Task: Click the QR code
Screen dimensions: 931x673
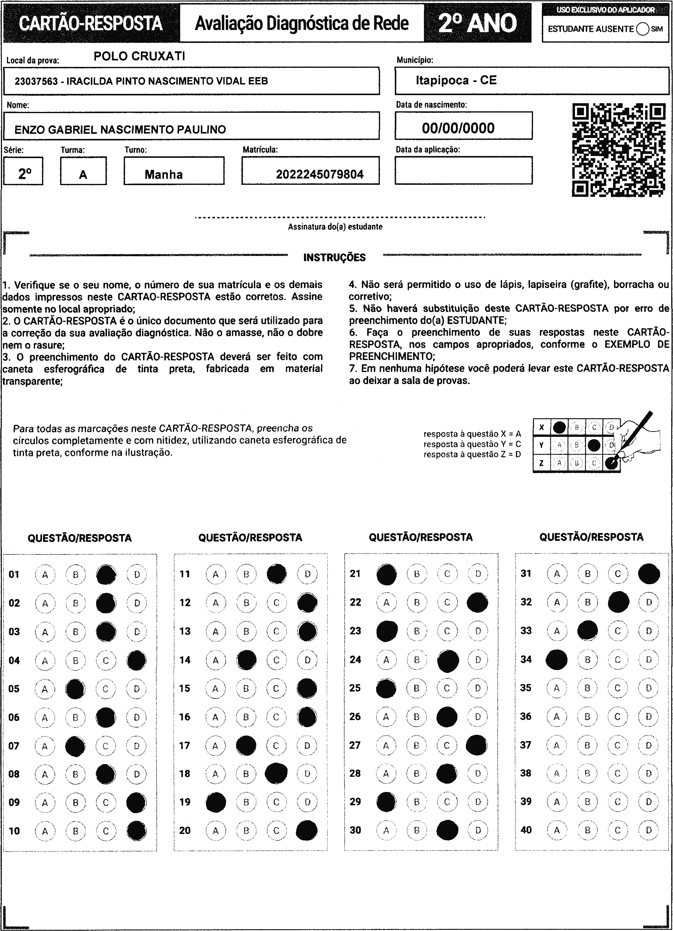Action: coord(619,150)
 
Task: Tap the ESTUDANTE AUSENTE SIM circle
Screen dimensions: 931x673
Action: coord(643,29)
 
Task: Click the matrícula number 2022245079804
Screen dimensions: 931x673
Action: coord(320,174)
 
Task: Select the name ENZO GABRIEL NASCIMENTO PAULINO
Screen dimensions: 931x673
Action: coord(120,130)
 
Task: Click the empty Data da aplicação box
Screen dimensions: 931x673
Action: coord(463,170)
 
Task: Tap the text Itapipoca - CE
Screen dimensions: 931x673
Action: coord(456,80)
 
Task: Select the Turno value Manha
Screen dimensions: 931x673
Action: coord(164,174)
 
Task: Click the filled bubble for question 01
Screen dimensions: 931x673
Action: coord(106,575)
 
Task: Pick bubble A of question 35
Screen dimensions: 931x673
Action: coord(556,688)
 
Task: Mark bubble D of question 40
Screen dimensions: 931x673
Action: coord(648,830)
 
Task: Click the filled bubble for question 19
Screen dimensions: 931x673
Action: coord(216,802)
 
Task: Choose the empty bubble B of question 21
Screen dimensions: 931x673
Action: coord(417,574)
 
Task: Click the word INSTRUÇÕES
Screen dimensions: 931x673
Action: coord(334,258)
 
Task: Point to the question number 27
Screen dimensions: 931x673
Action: coord(355,745)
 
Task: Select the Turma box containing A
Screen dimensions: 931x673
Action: coord(83,171)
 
